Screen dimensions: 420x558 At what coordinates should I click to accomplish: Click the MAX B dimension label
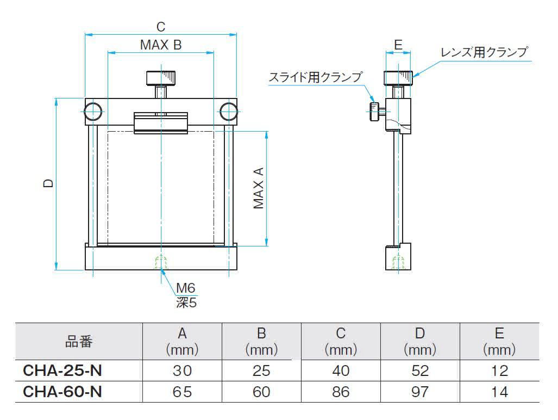tap(160, 45)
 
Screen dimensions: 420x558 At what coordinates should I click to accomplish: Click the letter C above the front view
tap(160, 26)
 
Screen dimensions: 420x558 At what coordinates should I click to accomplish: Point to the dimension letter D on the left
tap(48, 184)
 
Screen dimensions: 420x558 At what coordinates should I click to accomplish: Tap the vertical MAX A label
tap(259, 188)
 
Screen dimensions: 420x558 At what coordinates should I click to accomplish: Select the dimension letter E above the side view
tap(398, 45)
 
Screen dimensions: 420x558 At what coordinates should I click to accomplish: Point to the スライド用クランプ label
tap(315, 77)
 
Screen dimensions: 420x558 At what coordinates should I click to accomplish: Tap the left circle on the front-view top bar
tap(93, 112)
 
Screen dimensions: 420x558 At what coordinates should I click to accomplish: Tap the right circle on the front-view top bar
tap(229, 112)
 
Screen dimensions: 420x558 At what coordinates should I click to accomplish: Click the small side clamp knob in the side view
tap(375, 112)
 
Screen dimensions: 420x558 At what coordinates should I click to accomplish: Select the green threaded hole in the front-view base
tap(161, 263)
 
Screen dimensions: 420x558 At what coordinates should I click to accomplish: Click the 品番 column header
tap(79, 342)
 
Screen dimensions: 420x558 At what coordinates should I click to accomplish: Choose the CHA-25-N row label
tap(62, 371)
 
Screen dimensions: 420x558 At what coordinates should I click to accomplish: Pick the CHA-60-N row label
tap(62, 392)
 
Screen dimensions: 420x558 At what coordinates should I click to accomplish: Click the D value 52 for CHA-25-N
tap(420, 371)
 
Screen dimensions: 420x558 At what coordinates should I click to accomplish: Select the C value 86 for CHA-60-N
tap(341, 392)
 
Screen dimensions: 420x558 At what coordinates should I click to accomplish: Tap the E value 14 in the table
tap(499, 392)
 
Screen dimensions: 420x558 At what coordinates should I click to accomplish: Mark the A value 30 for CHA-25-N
tap(182, 371)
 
